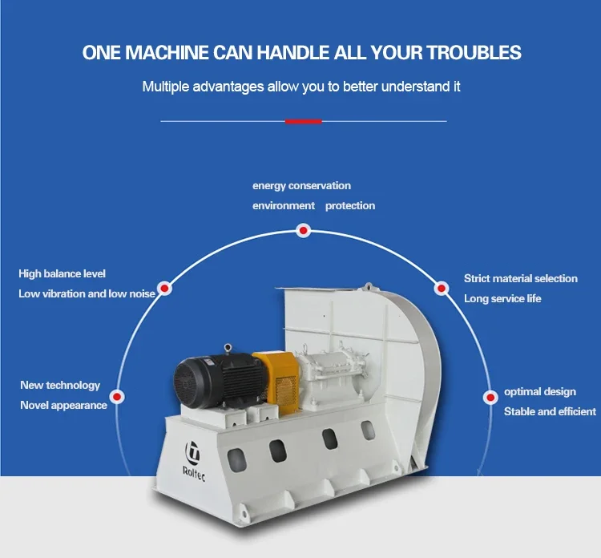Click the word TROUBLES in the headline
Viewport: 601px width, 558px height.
[474, 53]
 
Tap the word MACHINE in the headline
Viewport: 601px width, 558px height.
[167, 53]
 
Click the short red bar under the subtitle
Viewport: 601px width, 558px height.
[303, 121]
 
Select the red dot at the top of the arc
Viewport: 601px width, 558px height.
[304, 230]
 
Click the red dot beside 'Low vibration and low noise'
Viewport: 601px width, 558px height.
[165, 288]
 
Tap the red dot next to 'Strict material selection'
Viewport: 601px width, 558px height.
[442, 288]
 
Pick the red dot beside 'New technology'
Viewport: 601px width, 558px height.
[117, 396]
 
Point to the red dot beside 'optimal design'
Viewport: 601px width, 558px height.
[490, 398]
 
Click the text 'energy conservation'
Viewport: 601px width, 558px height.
[301, 186]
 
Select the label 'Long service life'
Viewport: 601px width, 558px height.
[502, 298]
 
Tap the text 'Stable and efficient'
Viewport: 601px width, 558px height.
[550, 411]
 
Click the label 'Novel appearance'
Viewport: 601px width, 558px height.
[63, 406]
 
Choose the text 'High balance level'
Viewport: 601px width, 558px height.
[62, 274]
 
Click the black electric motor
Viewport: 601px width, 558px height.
[216, 381]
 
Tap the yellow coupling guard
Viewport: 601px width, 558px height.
[279, 382]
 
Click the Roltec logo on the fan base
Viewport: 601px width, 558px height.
[193, 460]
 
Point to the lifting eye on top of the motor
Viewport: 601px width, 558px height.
[228, 348]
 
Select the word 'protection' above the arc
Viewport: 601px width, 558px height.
[350, 206]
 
